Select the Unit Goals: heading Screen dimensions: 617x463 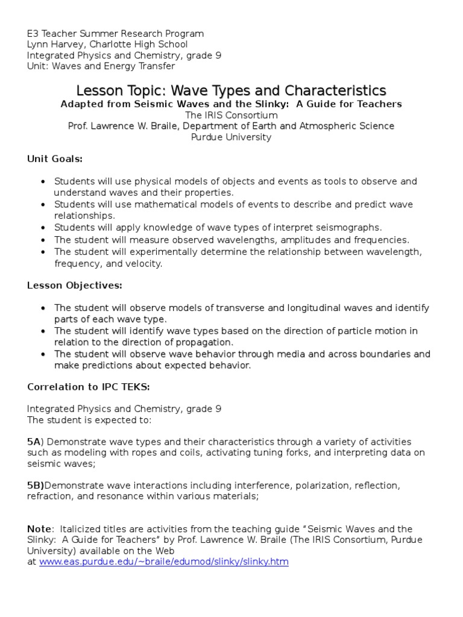point(55,159)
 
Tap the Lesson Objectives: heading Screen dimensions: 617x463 point(75,285)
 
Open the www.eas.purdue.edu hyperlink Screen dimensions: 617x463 point(164,562)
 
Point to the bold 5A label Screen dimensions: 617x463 point(33,442)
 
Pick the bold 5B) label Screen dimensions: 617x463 point(36,485)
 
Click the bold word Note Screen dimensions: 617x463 point(38,529)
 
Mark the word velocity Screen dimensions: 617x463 point(142,263)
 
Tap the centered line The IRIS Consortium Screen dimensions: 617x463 point(231,115)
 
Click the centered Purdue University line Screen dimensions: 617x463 point(231,137)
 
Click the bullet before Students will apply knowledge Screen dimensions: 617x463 point(43,228)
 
